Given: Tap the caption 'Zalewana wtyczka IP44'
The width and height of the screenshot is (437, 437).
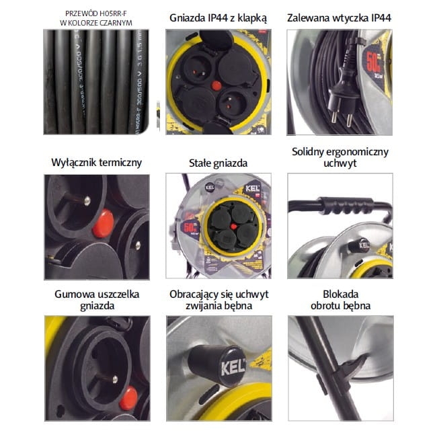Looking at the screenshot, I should tap(339, 18).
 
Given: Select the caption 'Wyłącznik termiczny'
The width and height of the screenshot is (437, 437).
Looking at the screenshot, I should tap(97, 162).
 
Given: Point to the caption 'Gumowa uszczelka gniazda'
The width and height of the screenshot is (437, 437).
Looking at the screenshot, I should tap(97, 299).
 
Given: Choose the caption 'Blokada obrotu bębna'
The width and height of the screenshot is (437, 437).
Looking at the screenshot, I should tap(339, 299).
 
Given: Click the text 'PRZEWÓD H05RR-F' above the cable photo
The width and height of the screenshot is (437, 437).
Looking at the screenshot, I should tap(97, 13).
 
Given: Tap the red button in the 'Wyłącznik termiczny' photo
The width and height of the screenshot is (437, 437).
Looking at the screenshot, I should tap(103, 226).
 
